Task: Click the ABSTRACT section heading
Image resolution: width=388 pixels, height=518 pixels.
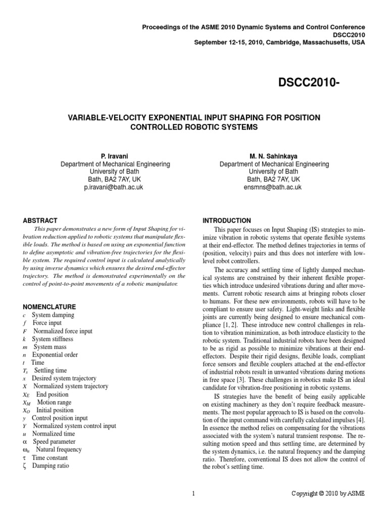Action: coord(40,221)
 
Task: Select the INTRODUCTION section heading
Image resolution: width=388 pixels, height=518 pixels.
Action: coord(226,221)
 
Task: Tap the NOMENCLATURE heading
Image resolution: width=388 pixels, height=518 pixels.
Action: coord(50,307)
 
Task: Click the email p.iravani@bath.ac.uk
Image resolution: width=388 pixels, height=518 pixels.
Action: coord(115,187)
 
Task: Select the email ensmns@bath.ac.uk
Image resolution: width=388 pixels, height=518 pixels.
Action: coord(274,187)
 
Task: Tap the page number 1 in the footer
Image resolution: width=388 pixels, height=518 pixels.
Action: coord(193,493)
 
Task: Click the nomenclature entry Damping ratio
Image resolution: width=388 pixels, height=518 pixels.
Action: coord(51,466)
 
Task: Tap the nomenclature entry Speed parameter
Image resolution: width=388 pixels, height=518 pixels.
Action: coord(54,442)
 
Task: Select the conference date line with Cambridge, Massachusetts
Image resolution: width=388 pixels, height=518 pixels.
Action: coord(279,42)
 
